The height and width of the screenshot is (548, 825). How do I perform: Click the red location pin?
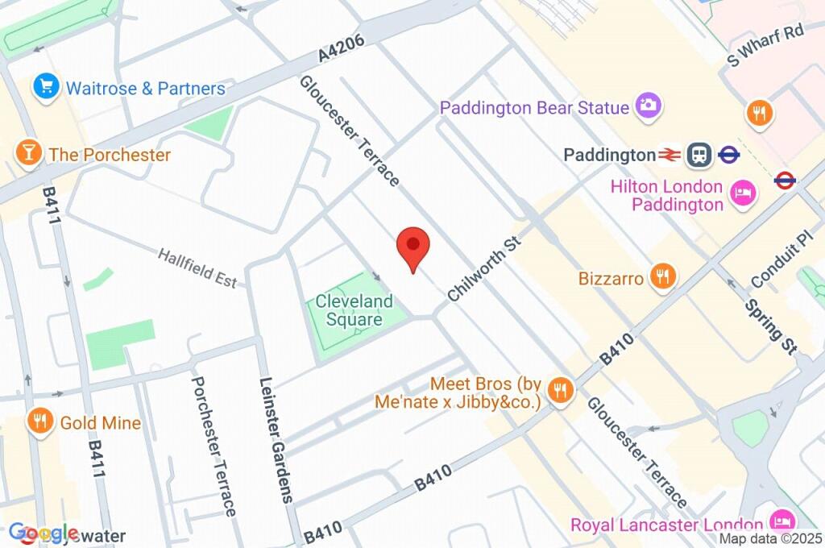point(413,246)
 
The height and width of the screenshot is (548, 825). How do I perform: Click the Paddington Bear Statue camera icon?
point(649,105)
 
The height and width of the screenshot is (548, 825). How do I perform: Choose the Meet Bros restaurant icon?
point(558,391)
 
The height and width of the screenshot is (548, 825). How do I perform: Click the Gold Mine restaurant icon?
point(39,421)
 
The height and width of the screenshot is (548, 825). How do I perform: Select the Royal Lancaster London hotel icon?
point(781,520)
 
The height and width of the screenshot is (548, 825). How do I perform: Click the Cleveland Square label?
point(354,310)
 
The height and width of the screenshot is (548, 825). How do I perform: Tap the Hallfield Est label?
point(197,268)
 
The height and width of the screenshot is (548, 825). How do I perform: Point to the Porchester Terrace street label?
point(214,446)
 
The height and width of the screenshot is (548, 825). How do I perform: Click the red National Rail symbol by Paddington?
point(669,154)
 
